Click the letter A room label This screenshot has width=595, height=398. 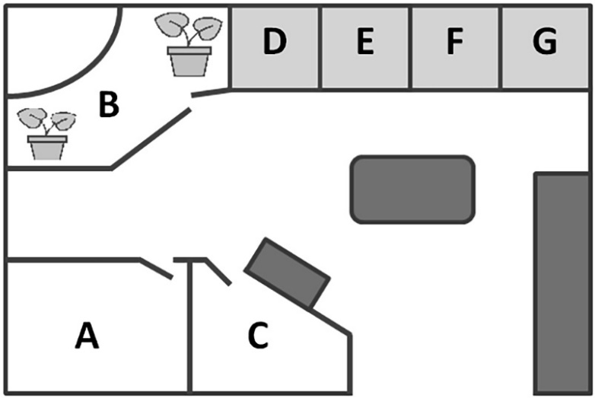click(x=87, y=336)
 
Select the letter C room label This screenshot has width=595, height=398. click(x=259, y=336)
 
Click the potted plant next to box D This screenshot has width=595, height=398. click(x=188, y=46)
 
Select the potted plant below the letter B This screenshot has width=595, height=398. click(x=47, y=134)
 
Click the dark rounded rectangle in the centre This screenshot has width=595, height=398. click(x=412, y=189)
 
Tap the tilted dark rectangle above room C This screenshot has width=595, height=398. click(x=288, y=272)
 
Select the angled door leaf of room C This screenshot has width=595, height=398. click(x=218, y=272)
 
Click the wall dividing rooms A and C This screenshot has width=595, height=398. click(x=189, y=335)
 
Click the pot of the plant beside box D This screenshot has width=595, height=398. click(x=189, y=62)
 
